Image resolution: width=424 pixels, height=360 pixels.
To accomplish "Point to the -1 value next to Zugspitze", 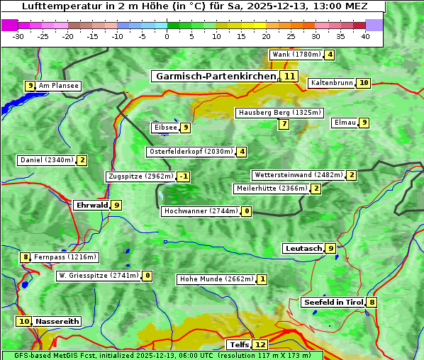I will coord(184,176).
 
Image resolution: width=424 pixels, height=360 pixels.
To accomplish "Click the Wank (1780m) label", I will coord(296,55).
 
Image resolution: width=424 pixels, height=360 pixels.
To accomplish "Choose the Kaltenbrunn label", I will coord(331,83).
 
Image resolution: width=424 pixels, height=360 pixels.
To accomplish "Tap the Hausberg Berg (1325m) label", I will coord(279,113).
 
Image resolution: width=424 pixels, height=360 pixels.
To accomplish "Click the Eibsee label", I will coord(164,128).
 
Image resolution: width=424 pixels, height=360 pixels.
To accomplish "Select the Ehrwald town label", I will coord(91,205).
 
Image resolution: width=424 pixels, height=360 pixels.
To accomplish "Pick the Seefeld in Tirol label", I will coord(333,302).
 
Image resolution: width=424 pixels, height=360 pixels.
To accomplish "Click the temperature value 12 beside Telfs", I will coord(261,345).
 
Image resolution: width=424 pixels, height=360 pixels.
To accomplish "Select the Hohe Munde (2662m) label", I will coord(216,279).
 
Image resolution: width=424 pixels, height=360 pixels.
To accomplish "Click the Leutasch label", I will coord(303,248).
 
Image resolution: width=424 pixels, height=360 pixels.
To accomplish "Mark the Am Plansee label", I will coord(58,86).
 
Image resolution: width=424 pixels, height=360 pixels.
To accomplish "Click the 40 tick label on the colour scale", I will coord(365,36).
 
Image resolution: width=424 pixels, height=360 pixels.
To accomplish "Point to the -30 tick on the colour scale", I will coord(18,36).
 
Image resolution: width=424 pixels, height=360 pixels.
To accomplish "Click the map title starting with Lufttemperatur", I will coord(193,6).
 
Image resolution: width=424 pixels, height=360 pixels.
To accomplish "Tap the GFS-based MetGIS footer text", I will coord(162,355).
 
